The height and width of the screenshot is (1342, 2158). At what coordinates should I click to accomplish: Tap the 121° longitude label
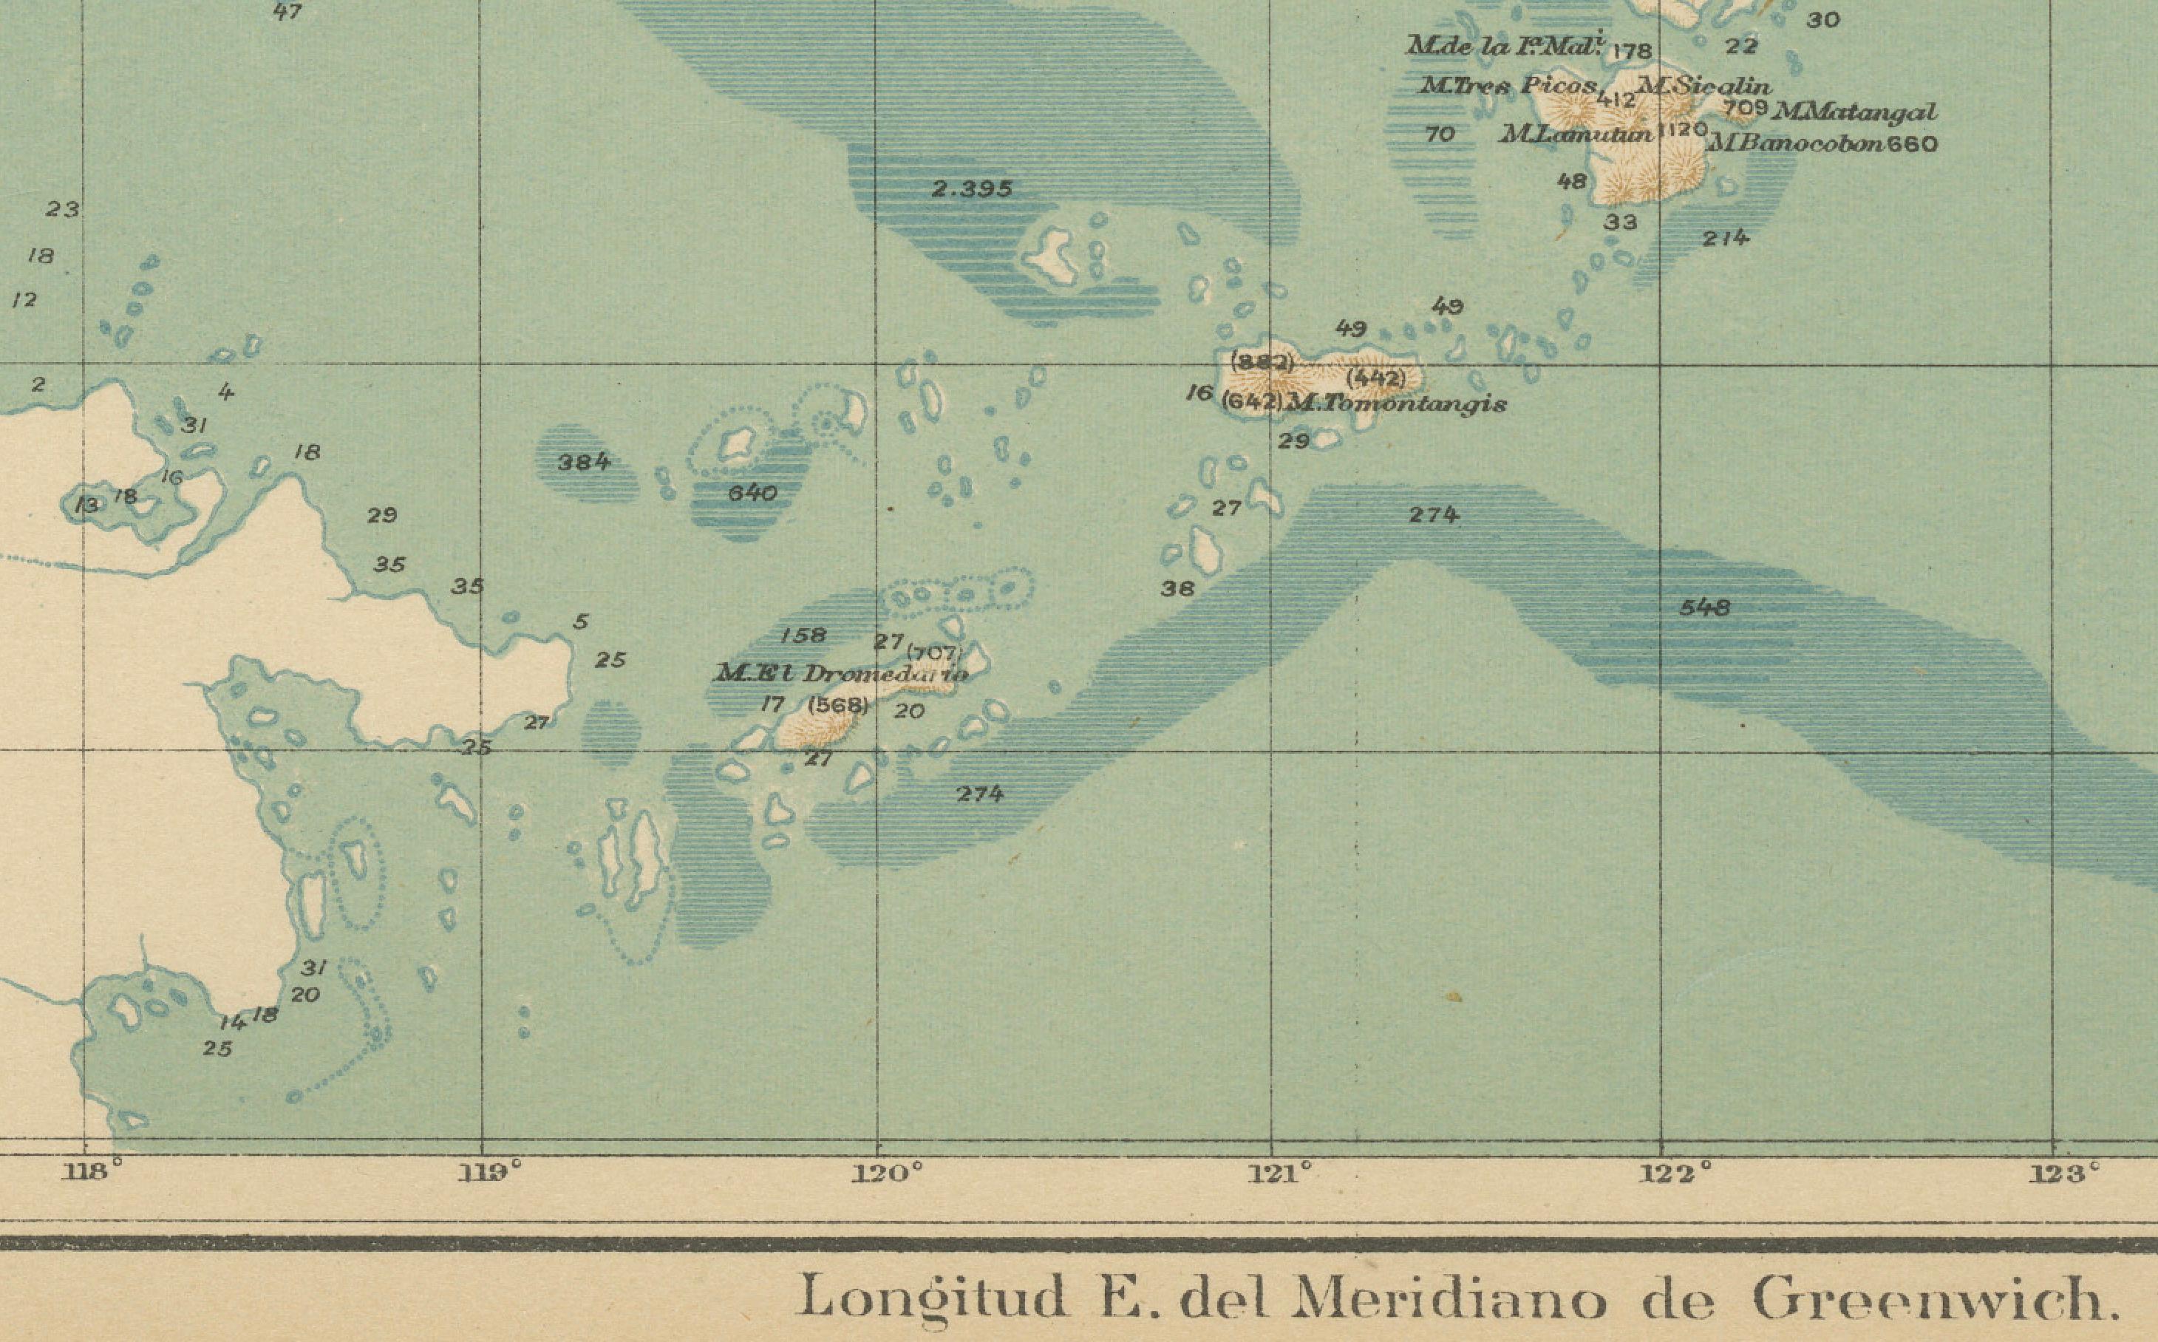click(1279, 1174)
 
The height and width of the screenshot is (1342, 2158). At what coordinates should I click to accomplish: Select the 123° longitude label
click(2065, 1175)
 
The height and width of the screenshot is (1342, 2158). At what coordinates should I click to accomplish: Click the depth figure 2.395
click(971, 189)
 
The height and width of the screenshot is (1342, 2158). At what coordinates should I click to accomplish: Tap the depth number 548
click(1704, 608)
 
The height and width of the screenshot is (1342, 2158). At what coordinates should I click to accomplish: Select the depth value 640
click(753, 494)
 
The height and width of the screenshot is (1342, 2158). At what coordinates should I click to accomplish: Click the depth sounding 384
click(584, 462)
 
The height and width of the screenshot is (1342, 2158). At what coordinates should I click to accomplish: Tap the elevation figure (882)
click(1262, 362)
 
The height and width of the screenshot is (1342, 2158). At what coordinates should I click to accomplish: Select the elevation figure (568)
click(838, 706)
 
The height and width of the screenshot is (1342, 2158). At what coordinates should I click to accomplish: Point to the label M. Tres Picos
click(1508, 87)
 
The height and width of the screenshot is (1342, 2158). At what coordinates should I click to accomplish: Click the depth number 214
click(1726, 238)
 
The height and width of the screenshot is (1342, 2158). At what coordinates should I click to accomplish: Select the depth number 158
click(803, 636)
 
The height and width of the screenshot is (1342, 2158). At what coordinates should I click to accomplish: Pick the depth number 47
click(287, 13)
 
